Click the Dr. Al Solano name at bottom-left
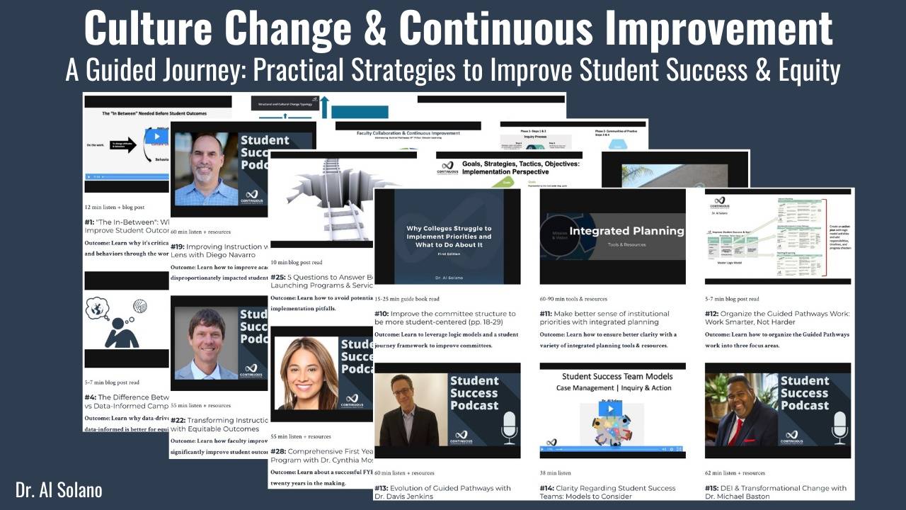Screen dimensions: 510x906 pos(59,489)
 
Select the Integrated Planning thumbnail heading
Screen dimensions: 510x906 pos(627,231)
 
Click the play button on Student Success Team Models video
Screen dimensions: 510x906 pos(610,409)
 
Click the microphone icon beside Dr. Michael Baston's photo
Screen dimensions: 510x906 pos(839,426)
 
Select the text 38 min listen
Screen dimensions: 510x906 pos(555,472)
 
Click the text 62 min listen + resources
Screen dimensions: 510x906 pos(735,472)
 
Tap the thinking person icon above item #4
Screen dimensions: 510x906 pos(117,323)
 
